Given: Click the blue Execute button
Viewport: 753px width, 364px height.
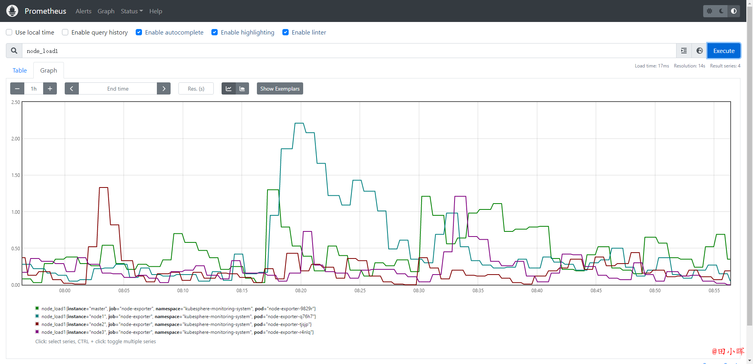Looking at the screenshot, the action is point(724,51).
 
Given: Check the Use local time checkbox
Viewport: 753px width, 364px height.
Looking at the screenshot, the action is point(9,32).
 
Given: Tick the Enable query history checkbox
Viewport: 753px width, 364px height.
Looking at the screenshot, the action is point(65,32).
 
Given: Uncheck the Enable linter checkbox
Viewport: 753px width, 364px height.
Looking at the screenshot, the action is point(286,32).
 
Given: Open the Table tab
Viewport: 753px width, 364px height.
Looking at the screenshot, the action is point(20,70).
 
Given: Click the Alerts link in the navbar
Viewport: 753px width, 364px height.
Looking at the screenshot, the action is point(84,11).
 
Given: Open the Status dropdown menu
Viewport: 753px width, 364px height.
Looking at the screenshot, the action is point(132,11).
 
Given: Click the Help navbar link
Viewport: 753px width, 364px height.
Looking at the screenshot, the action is point(156,11).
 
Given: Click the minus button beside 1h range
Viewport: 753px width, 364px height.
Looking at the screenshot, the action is point(17,89).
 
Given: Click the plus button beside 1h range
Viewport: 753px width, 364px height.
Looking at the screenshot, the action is point(50,89).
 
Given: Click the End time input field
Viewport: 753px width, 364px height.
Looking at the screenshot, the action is point(118,89).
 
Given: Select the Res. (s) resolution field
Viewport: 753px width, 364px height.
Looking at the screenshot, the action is point(196,89).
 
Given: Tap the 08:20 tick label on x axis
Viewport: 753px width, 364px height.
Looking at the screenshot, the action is point(301,291).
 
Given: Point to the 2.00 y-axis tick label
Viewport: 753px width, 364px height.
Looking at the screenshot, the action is point(16,138).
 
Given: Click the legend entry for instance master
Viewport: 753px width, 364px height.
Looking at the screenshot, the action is point(175,309).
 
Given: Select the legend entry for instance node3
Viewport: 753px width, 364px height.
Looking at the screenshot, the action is point(175,332).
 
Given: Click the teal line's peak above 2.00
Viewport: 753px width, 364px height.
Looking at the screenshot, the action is point(299,123).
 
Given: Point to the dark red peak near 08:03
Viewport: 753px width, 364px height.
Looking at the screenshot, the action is point(104,187).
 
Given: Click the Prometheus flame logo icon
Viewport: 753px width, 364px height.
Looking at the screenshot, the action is point(12,11).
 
